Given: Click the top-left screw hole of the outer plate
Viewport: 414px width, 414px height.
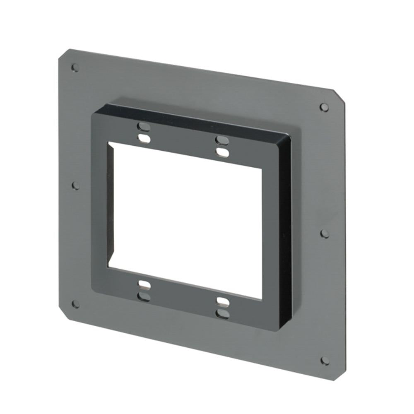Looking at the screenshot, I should click(x=75, y=67).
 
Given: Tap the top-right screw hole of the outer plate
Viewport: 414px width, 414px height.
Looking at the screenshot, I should click(x=324, y=107).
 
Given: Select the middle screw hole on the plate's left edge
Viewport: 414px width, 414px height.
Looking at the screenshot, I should click(x=75, y=185).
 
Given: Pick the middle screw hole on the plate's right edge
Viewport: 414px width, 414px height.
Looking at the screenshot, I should click(x=325, y=234).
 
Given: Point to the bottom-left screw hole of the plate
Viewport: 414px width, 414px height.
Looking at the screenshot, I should click(x=75, y=304).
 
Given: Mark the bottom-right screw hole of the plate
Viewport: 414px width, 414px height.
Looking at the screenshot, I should click(x=325, y=361).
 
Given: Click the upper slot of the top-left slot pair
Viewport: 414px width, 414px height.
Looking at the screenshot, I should click(x=143, y=126).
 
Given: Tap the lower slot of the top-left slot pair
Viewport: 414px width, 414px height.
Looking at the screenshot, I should click(x=144, y=138).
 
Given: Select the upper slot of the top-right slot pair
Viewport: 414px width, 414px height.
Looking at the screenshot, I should click(x=222, y=140).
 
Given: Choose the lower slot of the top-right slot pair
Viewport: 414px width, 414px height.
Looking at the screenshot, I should click(x=223, y=153).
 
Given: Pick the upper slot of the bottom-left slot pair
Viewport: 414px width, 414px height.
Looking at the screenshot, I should click(x=144, y=284).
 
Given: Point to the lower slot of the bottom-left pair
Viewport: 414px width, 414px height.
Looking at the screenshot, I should click(x=144, y=296).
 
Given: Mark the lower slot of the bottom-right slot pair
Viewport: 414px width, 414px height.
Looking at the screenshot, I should click(x=223, y=314).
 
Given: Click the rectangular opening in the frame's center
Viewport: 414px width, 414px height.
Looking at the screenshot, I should click(x=185, y=219).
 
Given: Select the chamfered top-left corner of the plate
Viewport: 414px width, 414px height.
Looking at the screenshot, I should click(x=63, y=54).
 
